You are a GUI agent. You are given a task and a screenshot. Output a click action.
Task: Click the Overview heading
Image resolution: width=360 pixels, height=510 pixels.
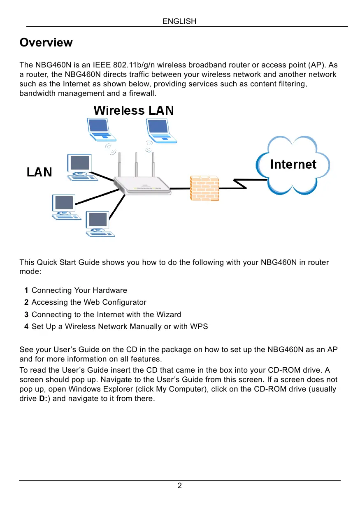pyautogui.click(x=46, y=43)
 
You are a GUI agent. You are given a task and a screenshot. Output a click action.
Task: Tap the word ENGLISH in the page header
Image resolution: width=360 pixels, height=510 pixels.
pyautogui.click(x=179, y=21)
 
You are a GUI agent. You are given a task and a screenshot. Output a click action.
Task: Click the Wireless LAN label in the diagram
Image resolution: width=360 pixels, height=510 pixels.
pyautogui.click(x=134, y=111)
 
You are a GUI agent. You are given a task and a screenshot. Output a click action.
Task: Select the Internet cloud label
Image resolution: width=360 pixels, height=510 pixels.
pyautogui.click(x=293, y=165)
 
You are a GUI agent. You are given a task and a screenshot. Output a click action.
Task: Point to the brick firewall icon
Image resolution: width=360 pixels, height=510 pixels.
pyautogui.click(x=204, y=188)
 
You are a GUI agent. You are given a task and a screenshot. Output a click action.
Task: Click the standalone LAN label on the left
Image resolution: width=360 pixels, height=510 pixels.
pyautogui.click(x=39, y=172)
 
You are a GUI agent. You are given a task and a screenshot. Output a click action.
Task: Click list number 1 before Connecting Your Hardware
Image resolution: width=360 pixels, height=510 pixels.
pyautogui.click(x=26, y=290)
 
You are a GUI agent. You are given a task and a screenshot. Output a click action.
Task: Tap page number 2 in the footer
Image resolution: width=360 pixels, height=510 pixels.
pyautogui.click(x=179, y=486)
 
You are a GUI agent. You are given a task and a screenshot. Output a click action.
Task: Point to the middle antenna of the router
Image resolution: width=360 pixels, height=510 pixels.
pyautogui.click(x=136, y=165)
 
